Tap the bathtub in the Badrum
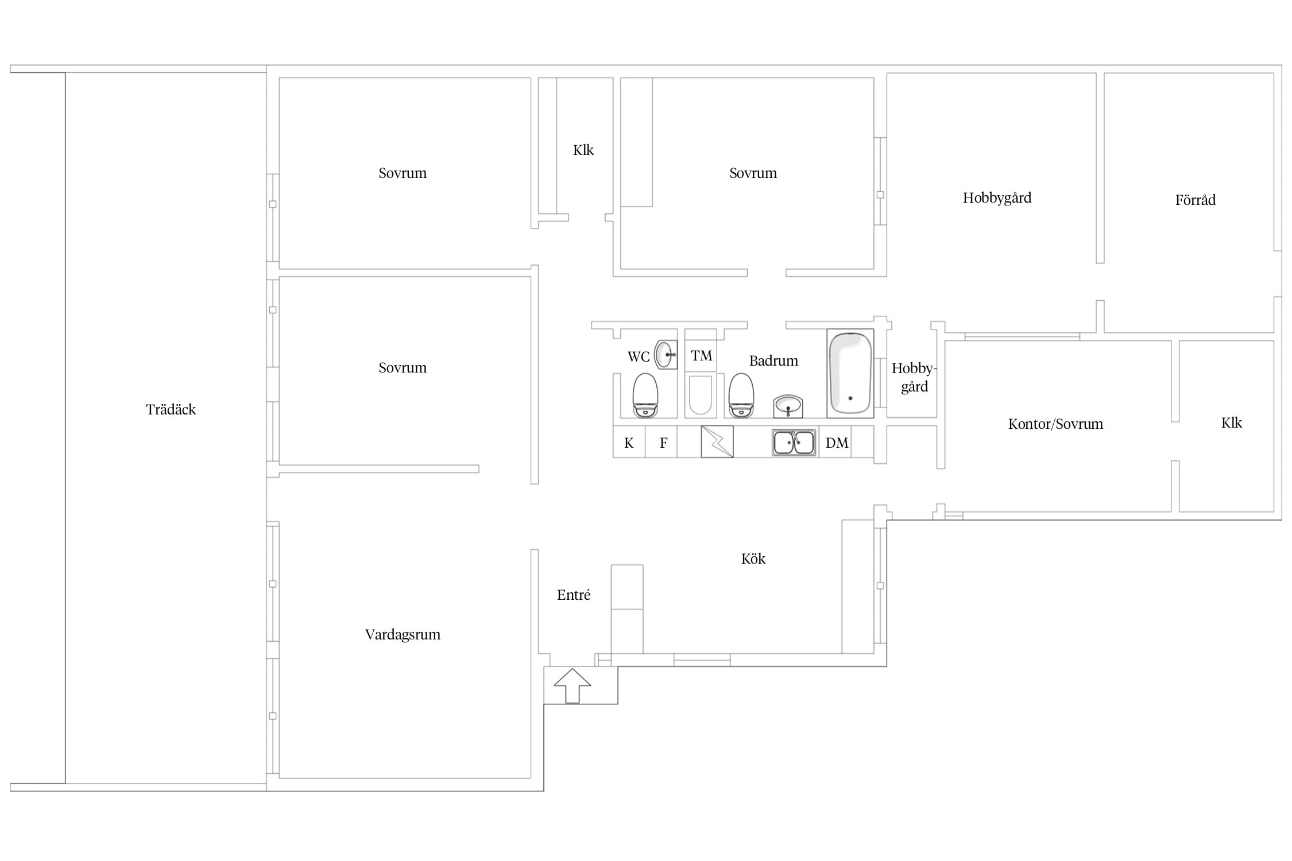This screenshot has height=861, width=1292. click(x=850, y=373)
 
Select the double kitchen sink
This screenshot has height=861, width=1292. click(x=794, y=443)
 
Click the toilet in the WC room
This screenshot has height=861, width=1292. click(x=645, y=395)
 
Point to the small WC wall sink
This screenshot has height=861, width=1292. click(x=666, y=355)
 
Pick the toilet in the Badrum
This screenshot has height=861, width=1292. click(x=741, y=395)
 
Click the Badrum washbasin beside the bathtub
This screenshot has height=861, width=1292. click(x=788, y=406)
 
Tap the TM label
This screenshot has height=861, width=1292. click(x=701, y=356)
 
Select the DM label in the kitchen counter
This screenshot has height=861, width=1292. click(x=837, y=443)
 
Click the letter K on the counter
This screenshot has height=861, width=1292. click(x=629, y=443)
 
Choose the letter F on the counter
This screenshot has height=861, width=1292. click(x=663, y=443)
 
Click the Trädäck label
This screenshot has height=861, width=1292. click(x=171, y=409)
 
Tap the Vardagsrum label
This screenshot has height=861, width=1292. click(x=403, y=635)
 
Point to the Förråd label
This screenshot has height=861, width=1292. click(x=1195, y=200)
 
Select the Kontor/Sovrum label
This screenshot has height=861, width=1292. click(x=1055, y=424)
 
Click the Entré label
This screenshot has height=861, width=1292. click(x=574, y=595)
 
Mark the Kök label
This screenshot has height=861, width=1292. click(x=753, y=559)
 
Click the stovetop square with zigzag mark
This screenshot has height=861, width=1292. click(x=717, y=442)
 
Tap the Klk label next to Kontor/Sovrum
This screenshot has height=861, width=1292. click(x=1231, y=423)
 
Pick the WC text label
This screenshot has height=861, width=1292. click(x=638, y=357)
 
